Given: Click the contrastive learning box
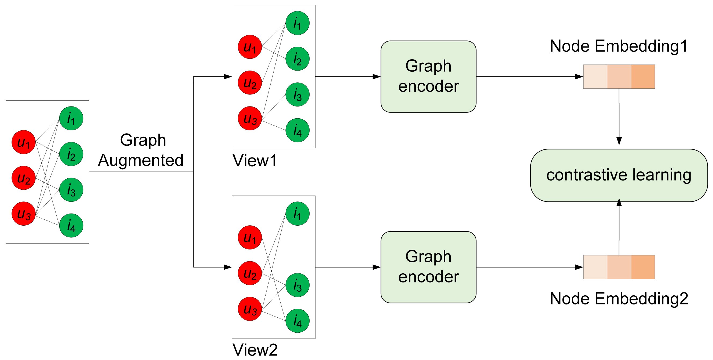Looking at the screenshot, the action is pyautogui.click(x=619, y=175).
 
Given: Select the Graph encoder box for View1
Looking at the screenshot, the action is pyautogui.click(x=428, y=76).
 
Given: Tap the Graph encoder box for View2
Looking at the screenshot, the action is pyautogui.click(x=428, y=267).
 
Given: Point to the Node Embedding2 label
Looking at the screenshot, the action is pyautogui.click(x=619, y=299).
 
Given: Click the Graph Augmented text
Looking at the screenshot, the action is pyautogui.click(x=141, y=150).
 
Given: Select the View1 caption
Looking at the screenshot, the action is pyautogui.click(x=255, y=160).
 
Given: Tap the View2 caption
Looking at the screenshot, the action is pyautogui.click(x=255, y=350).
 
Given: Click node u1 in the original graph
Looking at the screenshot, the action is pyautogui.click(x=24, y=142).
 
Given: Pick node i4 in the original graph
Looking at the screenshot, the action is pyautogui.click(x=71, y=226).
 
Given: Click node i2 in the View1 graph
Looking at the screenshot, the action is pyautogui.click(x=297, y=59).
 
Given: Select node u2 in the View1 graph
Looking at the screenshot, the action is pyautogui.click(x=250, y=82).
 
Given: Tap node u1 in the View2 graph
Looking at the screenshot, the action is pyautogui.click(x=250, y=237).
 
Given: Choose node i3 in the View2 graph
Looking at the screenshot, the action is pyautogui.click(x=297, y=285).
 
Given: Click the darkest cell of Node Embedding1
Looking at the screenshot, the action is pyautogui.click(x=643, y=77).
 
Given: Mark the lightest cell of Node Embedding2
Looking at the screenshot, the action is pyautogui.click(x=595, y=267).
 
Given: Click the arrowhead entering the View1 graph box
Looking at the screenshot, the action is pyautogui.click(x=228, y=77).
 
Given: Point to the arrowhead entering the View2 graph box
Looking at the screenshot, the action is pyautogui.click(x=228, y=267).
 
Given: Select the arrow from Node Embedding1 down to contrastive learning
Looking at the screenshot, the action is pyautogui.click(x=619, y=117).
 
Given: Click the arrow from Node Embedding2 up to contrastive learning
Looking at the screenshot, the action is pyautogui.click(x=619, y=227).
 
